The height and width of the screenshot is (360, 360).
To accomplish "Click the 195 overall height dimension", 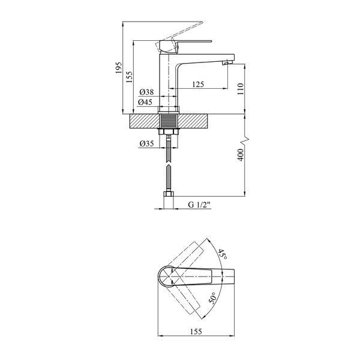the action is point(119,67).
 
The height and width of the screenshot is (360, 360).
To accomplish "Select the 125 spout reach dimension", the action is point(198,84).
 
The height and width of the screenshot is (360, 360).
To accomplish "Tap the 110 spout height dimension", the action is point(241,89).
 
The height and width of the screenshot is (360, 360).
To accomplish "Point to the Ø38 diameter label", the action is point(146,92).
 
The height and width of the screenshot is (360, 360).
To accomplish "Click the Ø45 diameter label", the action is point(145,102).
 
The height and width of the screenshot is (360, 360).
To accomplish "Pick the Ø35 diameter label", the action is point(146,144).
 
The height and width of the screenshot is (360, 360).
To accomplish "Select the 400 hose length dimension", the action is point(241,155).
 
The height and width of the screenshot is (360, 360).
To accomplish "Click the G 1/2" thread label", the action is point(199,205).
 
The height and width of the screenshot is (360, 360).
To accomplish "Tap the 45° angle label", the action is point(222,254).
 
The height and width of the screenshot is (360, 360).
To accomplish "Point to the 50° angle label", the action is point(213,298).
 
